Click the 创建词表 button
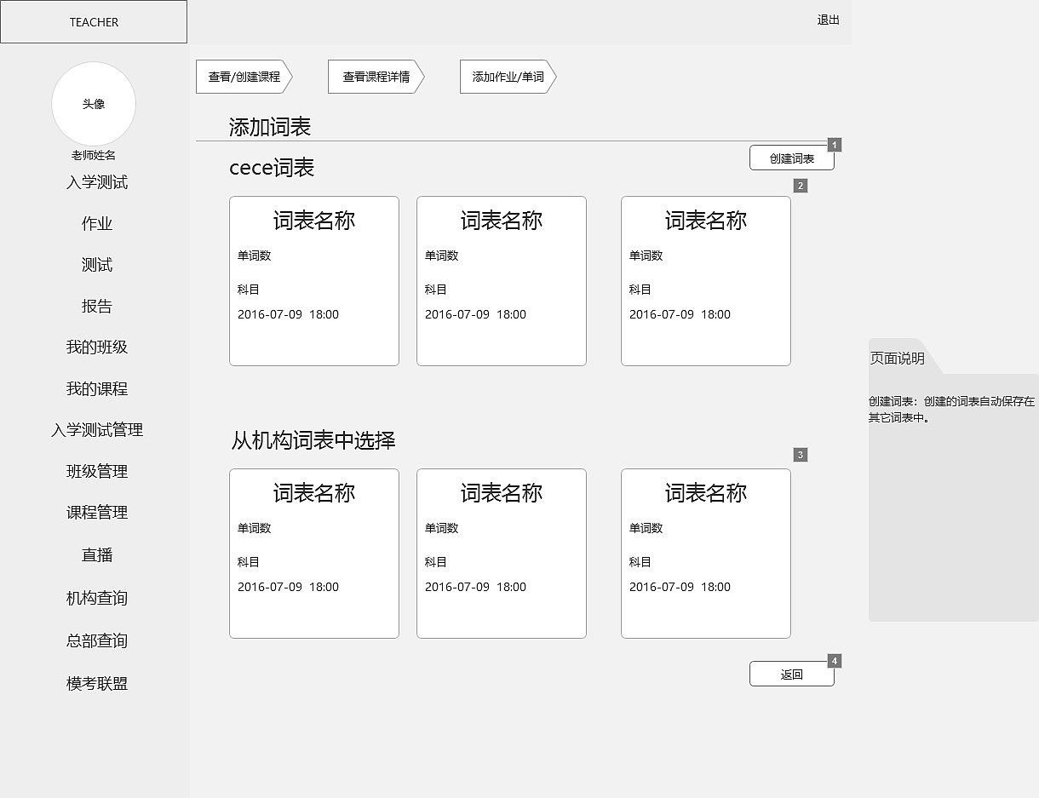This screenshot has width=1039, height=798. [791, 158]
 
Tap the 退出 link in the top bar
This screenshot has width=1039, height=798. [828, 20]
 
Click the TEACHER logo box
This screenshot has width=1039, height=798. [94, 22]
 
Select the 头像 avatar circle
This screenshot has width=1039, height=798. [94, 104]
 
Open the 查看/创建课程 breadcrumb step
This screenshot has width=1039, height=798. [244, 77]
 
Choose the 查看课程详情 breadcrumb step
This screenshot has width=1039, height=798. [376, 77]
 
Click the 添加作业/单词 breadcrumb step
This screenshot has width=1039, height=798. [508, 77]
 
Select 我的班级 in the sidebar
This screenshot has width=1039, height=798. [97, 347]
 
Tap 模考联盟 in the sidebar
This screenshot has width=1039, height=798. [97, 684]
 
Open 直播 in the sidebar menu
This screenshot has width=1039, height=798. [97, 555]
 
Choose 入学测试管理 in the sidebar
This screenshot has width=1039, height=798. [97, 431]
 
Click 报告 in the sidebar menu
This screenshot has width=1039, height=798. [97, 307]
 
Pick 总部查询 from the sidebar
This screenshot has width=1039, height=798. [97, 641]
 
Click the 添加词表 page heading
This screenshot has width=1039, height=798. [270, 128]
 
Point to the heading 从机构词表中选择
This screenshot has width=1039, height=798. [313, 441]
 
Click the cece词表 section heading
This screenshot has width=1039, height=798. [272, 168]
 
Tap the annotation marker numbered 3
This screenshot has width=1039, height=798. [801, 455]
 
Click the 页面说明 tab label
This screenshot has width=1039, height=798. [897, 359]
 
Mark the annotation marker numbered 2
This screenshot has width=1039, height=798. [801, 186]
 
